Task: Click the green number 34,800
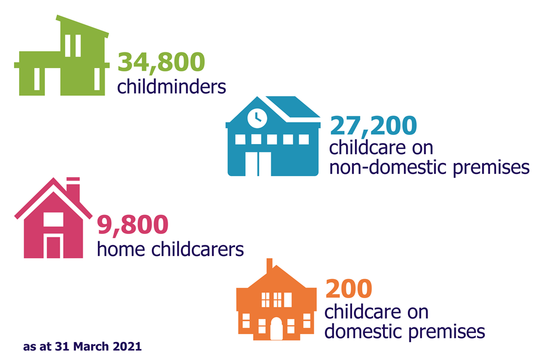[161, 62]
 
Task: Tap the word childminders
[172, 86]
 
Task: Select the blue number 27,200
[373, 126]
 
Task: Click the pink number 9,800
[133, 224]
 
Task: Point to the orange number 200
[349, 289]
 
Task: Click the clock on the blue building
[257, 118]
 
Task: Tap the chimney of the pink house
[73, 189]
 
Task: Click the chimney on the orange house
[269, 265]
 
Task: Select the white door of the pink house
[53, 247]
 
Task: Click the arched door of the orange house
[276, 328]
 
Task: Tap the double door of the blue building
[258, 163]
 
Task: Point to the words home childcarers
[170, 249]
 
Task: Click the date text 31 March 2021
[98, 346]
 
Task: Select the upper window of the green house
[73, 46]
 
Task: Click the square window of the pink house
[53, 219]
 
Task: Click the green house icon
[62, 55]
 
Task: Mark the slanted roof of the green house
[83, 26]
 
